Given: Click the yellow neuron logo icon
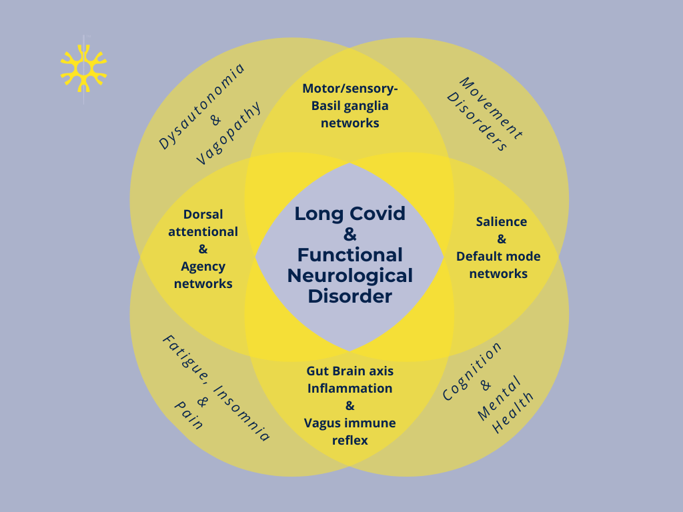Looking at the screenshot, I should click(83, 67).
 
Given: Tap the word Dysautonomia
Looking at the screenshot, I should click(202, 105).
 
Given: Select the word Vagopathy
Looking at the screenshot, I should click(229, 135).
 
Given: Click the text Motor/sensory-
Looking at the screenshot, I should click(350, 88).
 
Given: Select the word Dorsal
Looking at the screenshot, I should click(203, 215).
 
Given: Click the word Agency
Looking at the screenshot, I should click(203, 267).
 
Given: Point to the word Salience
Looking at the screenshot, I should click(501, 222).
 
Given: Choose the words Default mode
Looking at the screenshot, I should click(498, 257).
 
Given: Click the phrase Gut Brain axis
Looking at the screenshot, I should click(350, 371).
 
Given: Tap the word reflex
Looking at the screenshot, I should click(350, 440).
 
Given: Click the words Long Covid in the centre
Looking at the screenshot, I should click(350, 214).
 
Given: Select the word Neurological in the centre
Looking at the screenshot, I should click(350, 275).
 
